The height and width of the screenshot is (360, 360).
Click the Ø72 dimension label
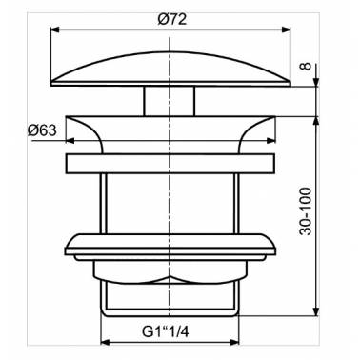[x=171, y=20]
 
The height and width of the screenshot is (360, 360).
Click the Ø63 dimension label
[x=42, y=130]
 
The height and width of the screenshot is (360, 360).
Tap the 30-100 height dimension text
[x=306, y=210]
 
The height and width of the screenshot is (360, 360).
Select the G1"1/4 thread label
[x=165, y=332]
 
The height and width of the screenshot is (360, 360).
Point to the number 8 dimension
[x=306, y=67]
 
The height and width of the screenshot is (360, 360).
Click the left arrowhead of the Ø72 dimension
[x=55, y=30]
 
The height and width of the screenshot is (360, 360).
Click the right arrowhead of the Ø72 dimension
[x=286, y=30]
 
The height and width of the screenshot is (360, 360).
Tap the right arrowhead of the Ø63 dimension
[x=270, y=141]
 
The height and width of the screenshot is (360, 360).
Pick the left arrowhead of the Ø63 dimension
[x=70, y=141]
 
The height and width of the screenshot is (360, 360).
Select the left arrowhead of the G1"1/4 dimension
[x=105, y=342]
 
